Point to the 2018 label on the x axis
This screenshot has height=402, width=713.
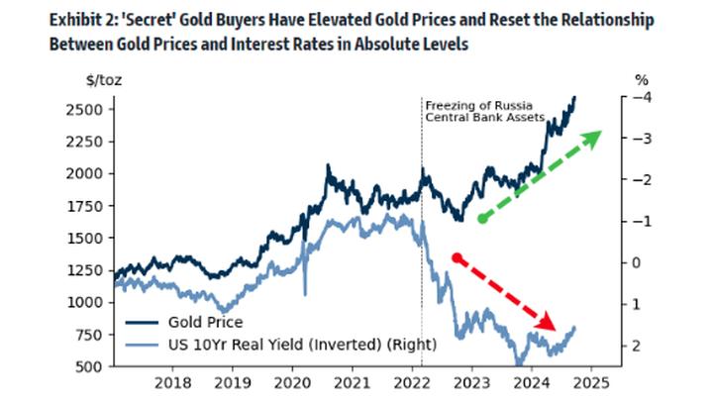pyautogui.click(x=173, y=382)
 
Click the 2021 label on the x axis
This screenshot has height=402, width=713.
pyautogui.click(x=351, y=382)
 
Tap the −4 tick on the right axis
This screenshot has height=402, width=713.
pyautogui.click(x=643, y=97)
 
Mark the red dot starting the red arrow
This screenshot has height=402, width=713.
pyautogui.click(x=457, y=257)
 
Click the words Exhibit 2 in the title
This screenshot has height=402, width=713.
pyautogui.click(x=98, y=19)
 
